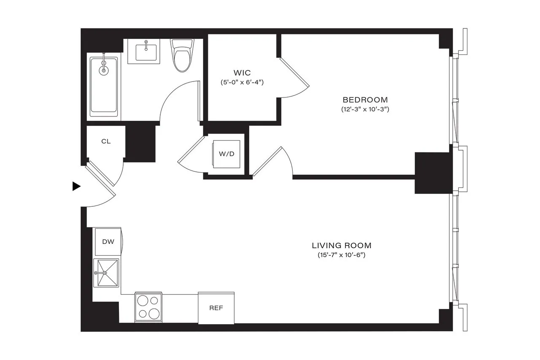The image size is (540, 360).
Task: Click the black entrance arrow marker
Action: coord(76,186)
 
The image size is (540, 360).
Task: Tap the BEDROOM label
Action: coord(365,100)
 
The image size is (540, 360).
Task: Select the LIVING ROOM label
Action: coord(341,245)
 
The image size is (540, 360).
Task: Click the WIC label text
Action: coord(242,73)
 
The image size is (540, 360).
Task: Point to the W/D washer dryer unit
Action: coord(227,154)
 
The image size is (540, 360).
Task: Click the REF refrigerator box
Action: coord(216,308)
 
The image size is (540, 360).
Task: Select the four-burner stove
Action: coord(148,306)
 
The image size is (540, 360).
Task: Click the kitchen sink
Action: coord(106,273)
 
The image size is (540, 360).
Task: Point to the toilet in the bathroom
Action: coord(182,56)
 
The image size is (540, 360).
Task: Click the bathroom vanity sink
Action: coord(146,52)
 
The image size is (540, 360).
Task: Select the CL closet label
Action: coord(106,141)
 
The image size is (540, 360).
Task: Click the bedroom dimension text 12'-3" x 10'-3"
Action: coord(365,109)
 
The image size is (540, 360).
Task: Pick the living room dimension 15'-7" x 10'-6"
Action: coord(341,255)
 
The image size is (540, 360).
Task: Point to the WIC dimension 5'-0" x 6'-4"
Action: coord(242,82)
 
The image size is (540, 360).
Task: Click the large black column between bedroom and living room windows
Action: coord(433,173)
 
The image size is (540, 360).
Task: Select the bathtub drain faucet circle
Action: coord(103,70)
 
